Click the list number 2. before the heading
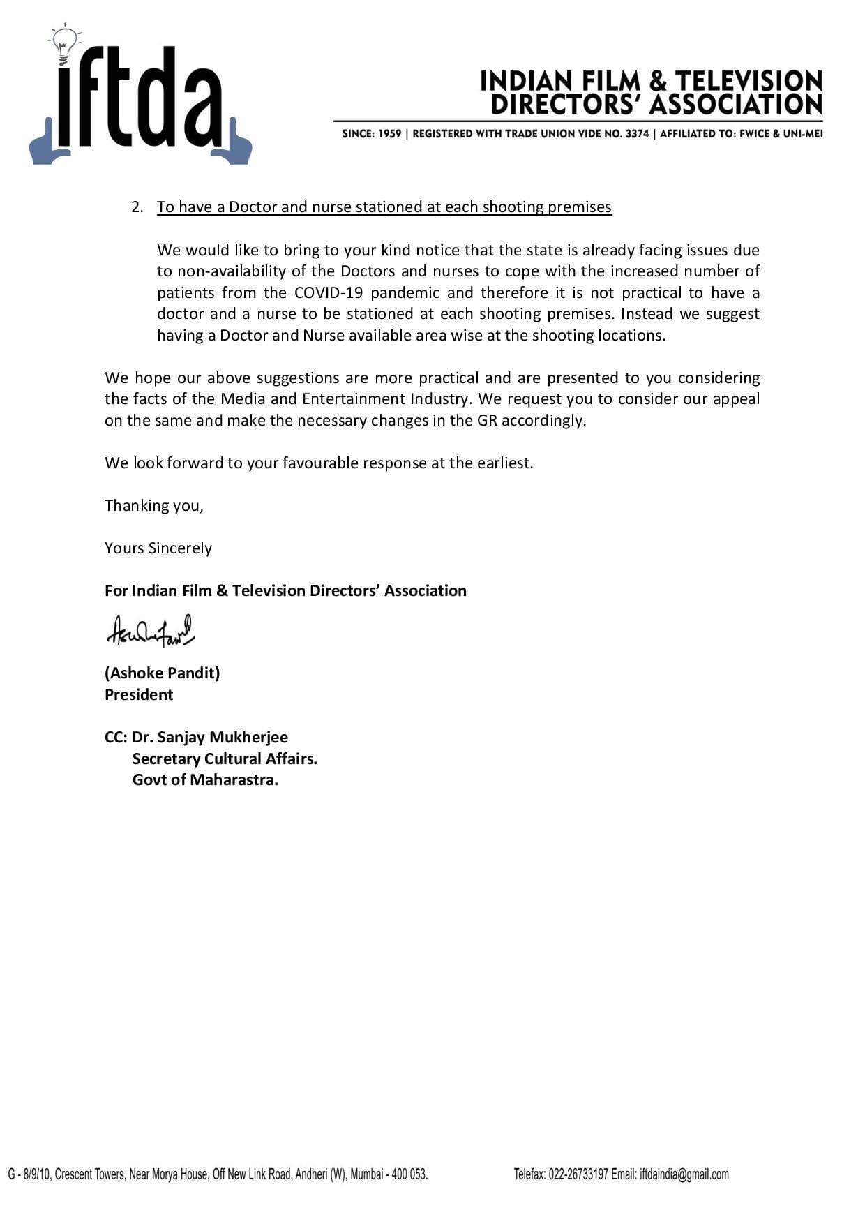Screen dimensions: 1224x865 [137, 207]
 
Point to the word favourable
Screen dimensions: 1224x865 [320, 463]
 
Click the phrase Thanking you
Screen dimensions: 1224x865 [154, 505]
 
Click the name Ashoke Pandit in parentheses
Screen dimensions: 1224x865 [163, 673]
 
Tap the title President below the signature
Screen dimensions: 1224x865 [139, 694]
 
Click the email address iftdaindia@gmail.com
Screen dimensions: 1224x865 [684, 1174]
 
